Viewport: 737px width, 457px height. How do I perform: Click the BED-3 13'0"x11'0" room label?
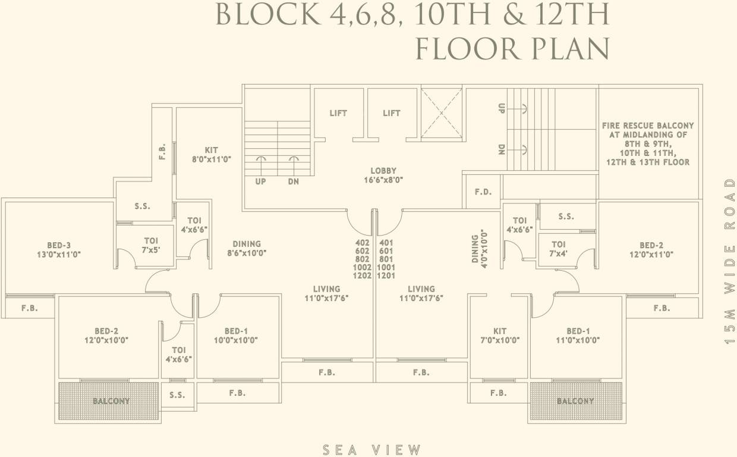pos(59,249)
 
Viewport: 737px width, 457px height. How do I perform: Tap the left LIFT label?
pos(338,113)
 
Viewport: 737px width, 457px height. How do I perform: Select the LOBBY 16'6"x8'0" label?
pos(383,175)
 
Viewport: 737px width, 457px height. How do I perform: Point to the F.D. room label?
pos(483,193)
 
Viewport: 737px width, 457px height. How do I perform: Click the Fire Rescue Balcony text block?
pos(648,143)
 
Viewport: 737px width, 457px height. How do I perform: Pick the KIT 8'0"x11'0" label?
pos(211,155)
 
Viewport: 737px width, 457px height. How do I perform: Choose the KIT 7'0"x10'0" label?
pos(500,336)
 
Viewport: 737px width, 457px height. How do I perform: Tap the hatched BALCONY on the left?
pos(110,401)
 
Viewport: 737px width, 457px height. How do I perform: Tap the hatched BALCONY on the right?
pos(575,401)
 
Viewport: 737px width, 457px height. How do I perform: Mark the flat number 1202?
pos(362,276)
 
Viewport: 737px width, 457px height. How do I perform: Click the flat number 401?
pos(386,243)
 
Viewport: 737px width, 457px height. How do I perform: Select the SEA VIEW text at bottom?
pos(372,450)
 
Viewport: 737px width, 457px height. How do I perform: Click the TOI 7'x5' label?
pos(150,245)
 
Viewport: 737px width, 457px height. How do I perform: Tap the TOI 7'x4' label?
pos(558,249)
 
